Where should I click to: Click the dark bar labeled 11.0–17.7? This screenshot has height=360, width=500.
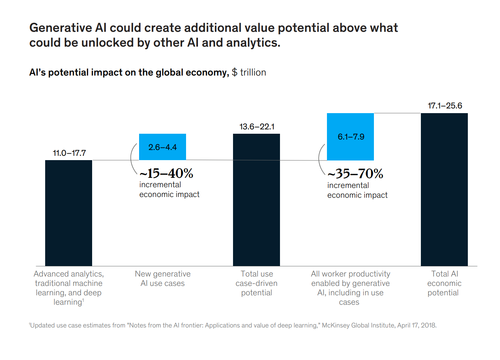pyautogui.click(x=69, y=213)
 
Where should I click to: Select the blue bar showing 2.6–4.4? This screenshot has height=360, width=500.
pyautogui.click(x=163, y=147)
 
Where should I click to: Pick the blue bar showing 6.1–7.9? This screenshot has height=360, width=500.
pyautogui.click(x=350, y=137)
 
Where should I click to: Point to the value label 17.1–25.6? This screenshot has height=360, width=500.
pyautogui.click(x=445, y=106)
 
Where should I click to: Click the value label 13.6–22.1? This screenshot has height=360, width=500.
pyautogui.click(x=257, y=127)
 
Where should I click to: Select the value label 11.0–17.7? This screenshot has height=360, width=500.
pyautogui.click(x=69, y=153)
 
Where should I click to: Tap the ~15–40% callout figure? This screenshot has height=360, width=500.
pyautogui.click(x=167, y=173)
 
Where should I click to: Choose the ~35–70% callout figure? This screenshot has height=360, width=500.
pyautogui.click(x=355, y=174)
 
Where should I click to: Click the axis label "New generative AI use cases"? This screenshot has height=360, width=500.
pyautogui.click(x=163, y=279)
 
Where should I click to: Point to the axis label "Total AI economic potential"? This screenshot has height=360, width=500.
pyautogui.click(x=444, y=283)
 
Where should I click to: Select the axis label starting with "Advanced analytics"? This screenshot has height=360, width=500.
pyautogui.click(x=69, y=288)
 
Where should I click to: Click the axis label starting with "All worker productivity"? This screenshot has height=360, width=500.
pyautogui.click(x=350, y=288)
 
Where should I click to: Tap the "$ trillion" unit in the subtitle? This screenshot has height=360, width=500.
pyautogui.click(x=249, y=72)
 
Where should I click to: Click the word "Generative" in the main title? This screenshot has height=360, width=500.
pyautogui.click(x=61, y=28)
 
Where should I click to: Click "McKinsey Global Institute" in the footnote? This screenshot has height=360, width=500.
pyautogui.click(x=358, y=325)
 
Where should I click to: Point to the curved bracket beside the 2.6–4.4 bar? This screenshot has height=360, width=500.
pyautogui.click(x=133, y=158)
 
